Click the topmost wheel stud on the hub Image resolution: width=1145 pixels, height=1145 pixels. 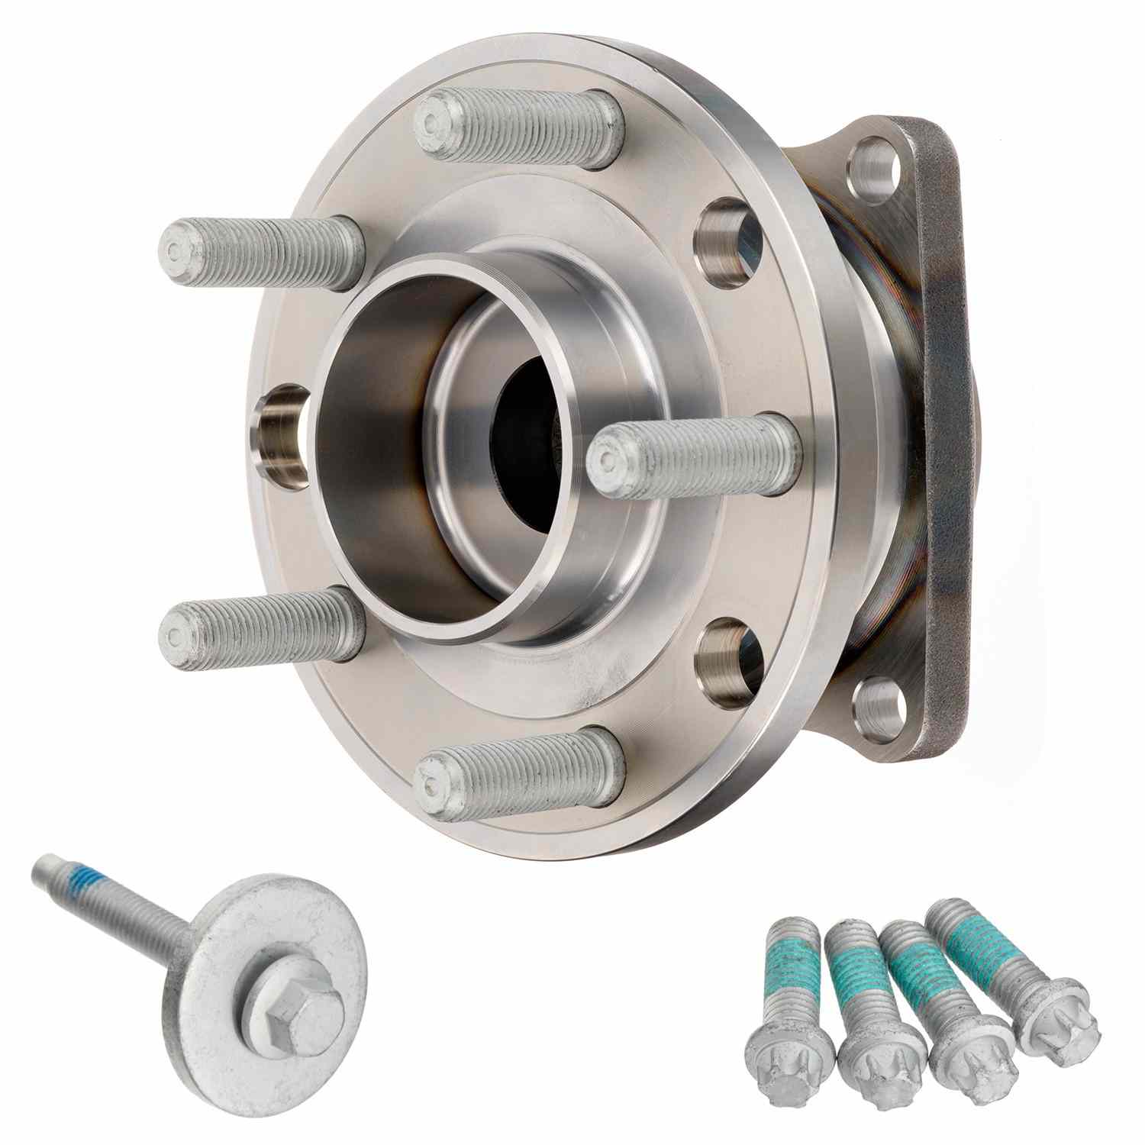coord(519,127)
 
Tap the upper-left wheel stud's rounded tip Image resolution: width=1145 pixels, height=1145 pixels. coord(177,249)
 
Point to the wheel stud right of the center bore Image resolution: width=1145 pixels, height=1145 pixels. coord(695,456)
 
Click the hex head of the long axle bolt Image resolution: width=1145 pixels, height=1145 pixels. coord(295,1023)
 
